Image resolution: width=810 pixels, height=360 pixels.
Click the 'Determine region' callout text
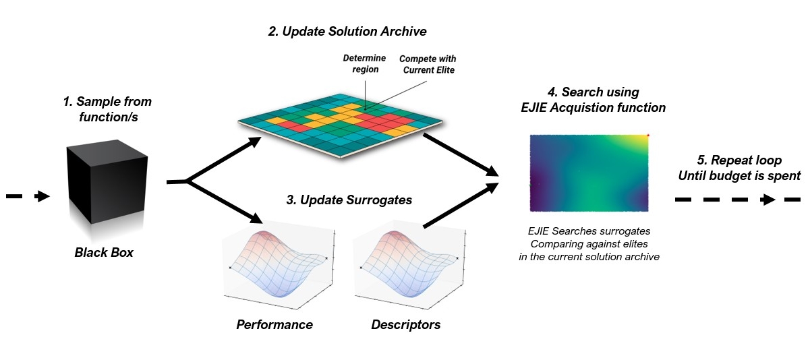(365, 64)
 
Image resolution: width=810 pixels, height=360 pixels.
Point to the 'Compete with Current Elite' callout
(427, 64)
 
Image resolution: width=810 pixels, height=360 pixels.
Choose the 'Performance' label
(274, 325)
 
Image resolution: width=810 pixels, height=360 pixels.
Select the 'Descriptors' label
(405, 325)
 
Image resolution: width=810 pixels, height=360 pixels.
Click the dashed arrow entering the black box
(28, 196)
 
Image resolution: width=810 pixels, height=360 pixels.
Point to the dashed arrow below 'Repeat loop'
(738, 200)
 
